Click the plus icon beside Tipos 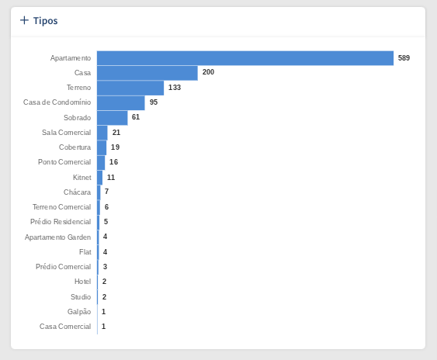tap(24, 20)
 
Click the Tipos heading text tap(46, 21)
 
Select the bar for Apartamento tap(245, 58)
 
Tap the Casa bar tap(147, 73)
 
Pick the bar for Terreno tap(130, 88)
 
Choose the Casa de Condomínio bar tap(121, 103)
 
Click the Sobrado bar tap(113, 118)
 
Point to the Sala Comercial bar tap(102, 133)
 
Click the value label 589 tap(404, 58)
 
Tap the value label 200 tap(208, 72)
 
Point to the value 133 tap(175, 88)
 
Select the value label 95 tap(154, 102)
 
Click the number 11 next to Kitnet tap(111, 178)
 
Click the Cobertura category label tap(75, 147)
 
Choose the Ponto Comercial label tap(64, 162)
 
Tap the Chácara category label tap(77, 192)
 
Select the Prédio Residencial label tap(61, 222)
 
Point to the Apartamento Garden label tap(57, 237)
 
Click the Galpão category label tap(79, 312)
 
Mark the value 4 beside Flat tap(105, 252)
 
